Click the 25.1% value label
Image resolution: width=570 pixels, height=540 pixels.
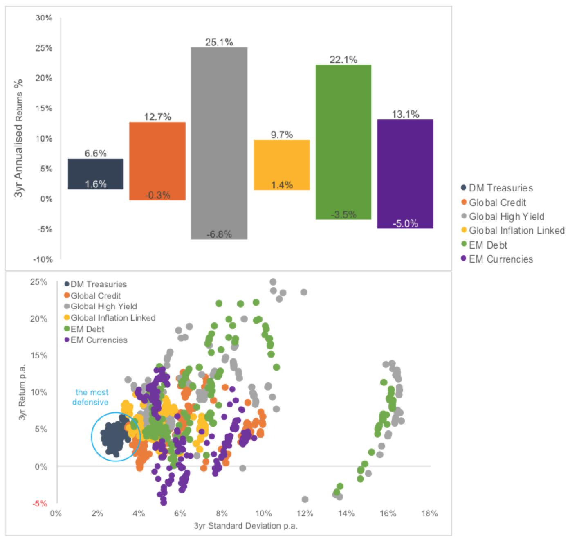click(x=219, y=42)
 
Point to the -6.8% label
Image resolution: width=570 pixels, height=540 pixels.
click(x=219, y=234)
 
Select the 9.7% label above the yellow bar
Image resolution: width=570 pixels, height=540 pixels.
click(x=282, y=135)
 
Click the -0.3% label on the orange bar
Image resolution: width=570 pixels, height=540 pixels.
click(x=157, y=195)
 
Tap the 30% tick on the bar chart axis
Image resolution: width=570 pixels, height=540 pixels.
click(x=44, y=18)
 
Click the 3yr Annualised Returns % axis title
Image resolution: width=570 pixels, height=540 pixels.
click(x=19, y=138)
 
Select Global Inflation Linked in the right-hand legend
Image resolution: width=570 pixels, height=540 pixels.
click(x=516, y=231)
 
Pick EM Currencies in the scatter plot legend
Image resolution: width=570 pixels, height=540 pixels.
click(x=99, y=340)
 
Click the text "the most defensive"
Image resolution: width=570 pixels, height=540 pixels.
click(x=91, y=397)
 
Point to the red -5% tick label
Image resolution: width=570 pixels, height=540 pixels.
click(x=40, y=504)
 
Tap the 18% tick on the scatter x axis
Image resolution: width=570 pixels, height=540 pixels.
click(x=429, y=513)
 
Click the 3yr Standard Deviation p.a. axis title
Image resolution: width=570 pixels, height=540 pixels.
click(x=245, y=526)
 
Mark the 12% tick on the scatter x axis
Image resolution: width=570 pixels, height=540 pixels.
click(x=305, y=513)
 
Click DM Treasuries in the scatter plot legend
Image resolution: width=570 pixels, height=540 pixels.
click(x=99, y=284)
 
